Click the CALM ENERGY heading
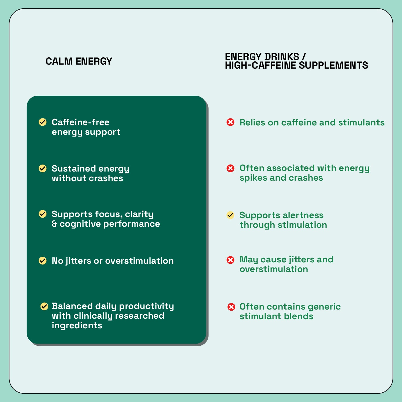click(79, 61)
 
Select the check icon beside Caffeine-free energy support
click(43, 122)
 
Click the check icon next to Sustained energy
click(43, 168)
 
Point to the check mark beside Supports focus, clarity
click(43, 214)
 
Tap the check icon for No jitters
click(43, 260)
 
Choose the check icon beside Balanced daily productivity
click(44, 306)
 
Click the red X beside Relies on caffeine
click(230, 122)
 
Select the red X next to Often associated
click(230, 168)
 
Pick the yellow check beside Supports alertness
click(230, 215)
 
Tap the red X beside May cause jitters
click(230, 260)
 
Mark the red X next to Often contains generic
click(231, 307)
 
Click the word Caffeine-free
click(80, 122)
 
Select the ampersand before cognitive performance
click(54, 224)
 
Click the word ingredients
click(77, 326)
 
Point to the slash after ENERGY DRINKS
click(304, 57)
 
